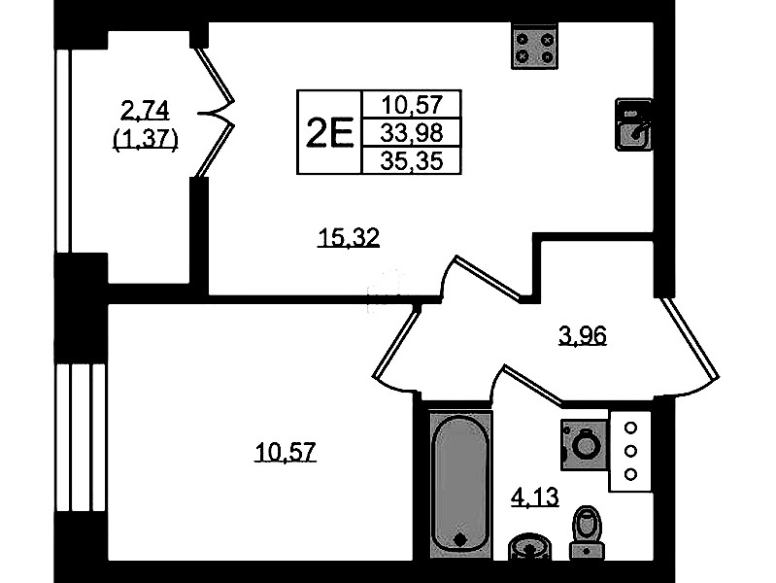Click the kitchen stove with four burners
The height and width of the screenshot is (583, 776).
point(534,46)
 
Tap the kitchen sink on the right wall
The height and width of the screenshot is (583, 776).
point(633,124)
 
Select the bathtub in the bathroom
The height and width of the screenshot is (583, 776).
point(460,484)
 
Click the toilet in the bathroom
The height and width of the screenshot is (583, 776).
point(587,533)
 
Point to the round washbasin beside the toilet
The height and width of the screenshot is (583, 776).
point(529,547)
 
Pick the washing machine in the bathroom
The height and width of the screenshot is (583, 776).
point(584,444)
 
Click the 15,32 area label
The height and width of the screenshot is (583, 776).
point(349,237)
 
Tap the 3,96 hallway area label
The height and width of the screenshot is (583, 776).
point(582,336)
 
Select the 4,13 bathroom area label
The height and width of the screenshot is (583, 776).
point(534,497)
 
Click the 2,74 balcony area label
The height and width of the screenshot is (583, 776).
point(146,110)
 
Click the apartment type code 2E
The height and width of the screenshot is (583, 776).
point(329,132)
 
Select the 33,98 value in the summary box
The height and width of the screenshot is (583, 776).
point(412,133)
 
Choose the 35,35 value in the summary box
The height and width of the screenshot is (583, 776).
point(412,161)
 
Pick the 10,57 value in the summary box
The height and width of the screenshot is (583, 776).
point(412,105)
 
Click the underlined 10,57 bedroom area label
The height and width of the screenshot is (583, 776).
point(286,452)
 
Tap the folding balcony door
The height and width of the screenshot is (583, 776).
point(214,113)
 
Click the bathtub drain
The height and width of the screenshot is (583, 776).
point(460,539)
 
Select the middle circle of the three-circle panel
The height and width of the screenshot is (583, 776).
point(630,451)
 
